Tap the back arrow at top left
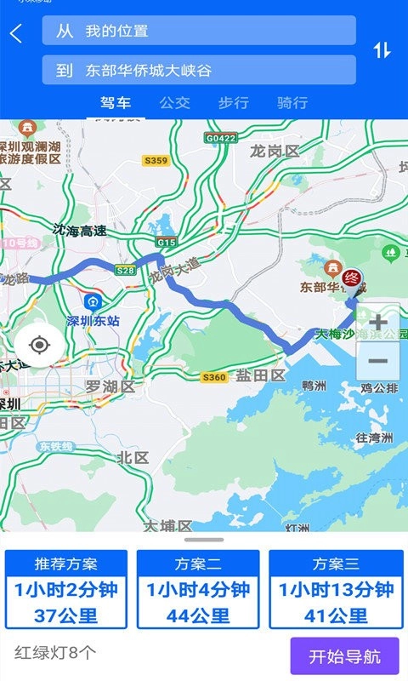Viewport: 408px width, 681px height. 16,33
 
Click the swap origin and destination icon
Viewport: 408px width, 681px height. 382,50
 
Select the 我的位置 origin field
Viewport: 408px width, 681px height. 199,31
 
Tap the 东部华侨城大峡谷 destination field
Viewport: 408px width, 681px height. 199,70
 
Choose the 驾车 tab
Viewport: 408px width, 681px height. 116,103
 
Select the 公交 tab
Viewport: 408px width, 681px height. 175,103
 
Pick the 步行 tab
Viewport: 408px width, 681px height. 234,103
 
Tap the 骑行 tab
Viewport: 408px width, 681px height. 292,103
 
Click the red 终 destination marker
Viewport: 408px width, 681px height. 352,279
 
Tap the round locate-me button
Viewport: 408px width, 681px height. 38,345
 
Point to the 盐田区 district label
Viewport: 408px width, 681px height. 260,375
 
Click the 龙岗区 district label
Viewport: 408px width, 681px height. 275,152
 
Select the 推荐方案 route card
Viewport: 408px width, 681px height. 66,589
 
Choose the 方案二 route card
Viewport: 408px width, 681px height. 198,589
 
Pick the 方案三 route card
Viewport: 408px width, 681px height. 336,589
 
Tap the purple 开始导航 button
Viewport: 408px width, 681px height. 344,655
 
